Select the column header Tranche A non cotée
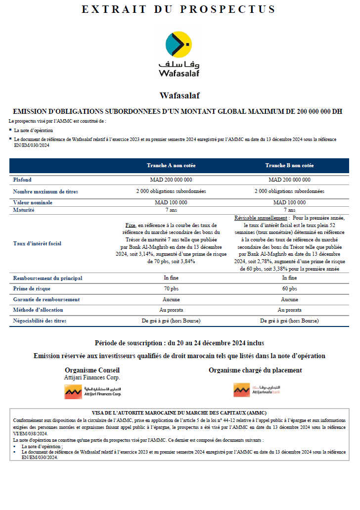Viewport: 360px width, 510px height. click(x=171, y=165)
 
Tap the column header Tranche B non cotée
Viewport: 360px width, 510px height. click(x=289, y=165)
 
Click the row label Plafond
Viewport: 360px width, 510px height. click(x=22, y=180)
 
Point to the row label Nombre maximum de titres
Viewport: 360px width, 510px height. click(x=45, y=191)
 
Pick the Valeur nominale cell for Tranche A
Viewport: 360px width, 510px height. click(x=171, y=202)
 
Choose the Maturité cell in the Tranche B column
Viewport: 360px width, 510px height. click(x=289, y=210)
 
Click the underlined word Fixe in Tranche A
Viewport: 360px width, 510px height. click(x=130, y=225)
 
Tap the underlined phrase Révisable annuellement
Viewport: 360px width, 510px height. click(x=261, y=218)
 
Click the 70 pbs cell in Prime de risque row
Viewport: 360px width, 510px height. click(x=171, y=288)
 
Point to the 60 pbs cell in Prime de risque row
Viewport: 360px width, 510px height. click(x=289, y=288)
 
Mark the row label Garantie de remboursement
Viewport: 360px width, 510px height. click(x=46, y=299)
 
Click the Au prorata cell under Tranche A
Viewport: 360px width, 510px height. click(x=171, y=310)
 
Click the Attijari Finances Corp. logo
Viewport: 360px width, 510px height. click(x=92, y=391)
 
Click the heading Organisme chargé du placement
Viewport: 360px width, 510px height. click(x=255, y=370)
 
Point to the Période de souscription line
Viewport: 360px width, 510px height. click(x=179, y=343)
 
